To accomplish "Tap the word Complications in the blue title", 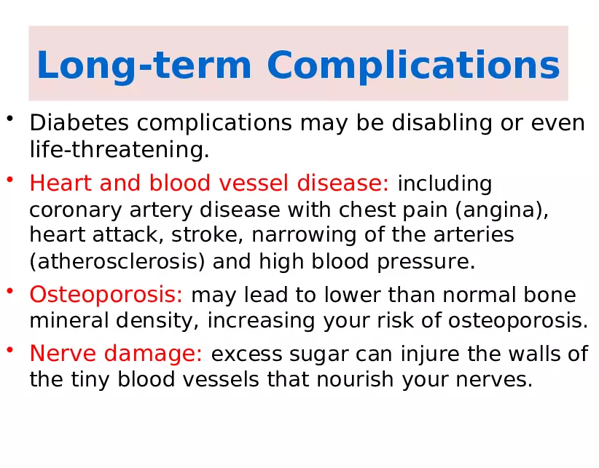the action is (x=413, y=66).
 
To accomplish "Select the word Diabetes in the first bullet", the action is (x=79, y=123).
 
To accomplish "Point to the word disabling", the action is (x=442, y=124).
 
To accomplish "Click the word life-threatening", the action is (x=120, y=149).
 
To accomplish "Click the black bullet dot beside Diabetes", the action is (x=10, y=118).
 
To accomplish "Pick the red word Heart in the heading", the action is (x=60, y=183).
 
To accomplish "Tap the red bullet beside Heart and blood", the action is (x=10, y=179).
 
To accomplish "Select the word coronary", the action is (x=76, y=210).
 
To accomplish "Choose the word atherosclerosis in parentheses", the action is (x=117, y=261).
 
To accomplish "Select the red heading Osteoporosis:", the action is (x=106, y=295).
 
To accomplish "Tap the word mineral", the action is (x=69, y=320).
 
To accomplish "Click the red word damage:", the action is (x=153, y=354).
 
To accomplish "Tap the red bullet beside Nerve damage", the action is (x=10, y=349).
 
